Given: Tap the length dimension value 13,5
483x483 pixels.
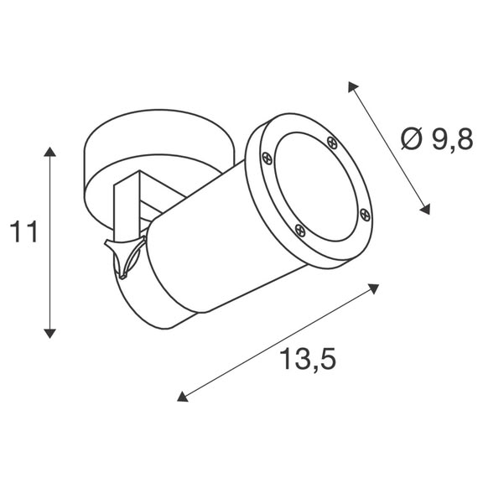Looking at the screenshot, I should coord(308,361).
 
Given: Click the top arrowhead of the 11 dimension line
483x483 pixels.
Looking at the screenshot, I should coord(50,152).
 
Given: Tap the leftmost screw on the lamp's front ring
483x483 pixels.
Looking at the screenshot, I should coord(267,157).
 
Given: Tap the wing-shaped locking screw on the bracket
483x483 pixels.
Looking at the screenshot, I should coord(126,256).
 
